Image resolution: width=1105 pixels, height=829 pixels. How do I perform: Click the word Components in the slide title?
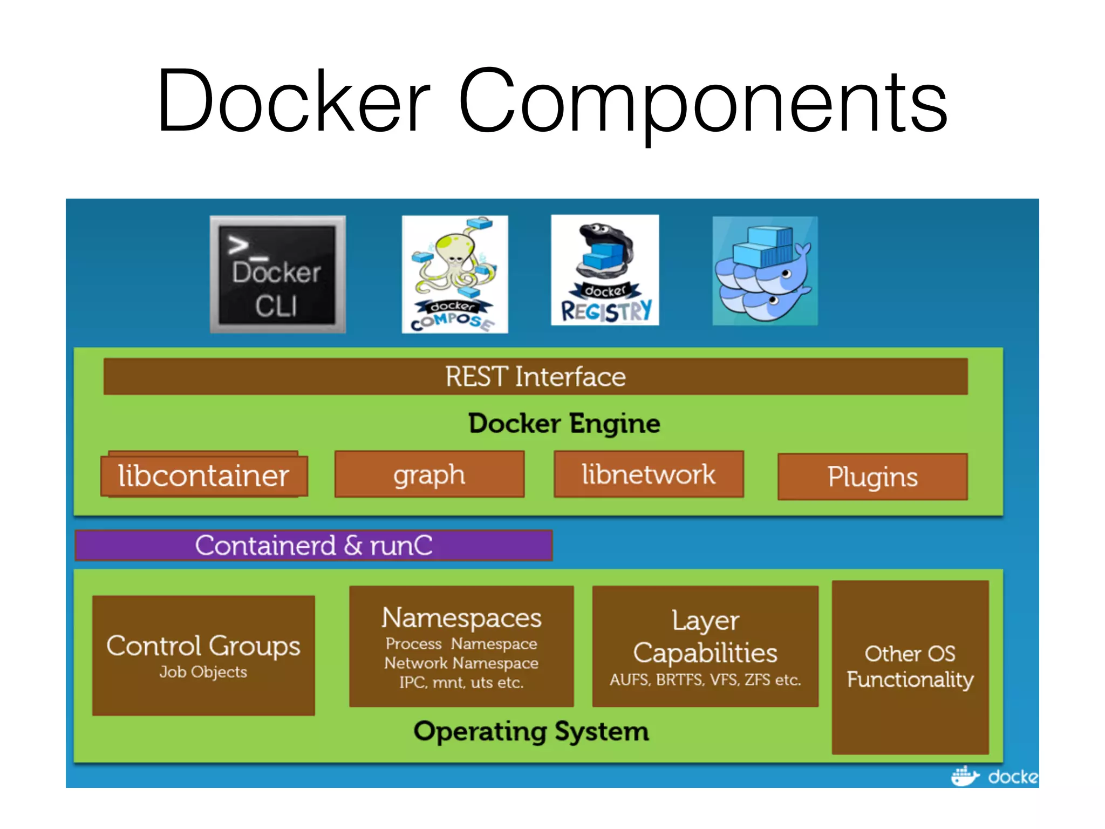pyautogui.click(x=702, y=105)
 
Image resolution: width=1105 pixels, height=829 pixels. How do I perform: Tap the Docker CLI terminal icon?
pyautogui.click(x=278, y=274)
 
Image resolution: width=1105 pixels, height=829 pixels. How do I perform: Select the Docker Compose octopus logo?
pyautogui.click(x=455, y=274)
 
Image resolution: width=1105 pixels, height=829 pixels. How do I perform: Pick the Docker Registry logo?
pyautogui.click(x=605, y=270)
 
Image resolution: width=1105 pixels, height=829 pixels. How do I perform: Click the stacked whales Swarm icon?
pyautogui.click(x=765, y=271)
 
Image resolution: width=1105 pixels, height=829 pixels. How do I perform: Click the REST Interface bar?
pyautogui.click(x=535, y=376)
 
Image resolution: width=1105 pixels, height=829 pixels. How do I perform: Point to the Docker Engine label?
pyautogui.click(x=564, y=423)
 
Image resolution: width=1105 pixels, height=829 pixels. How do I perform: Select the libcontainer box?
pyautogui.click(x=204, y=475)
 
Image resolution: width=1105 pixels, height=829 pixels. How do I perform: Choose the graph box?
pyautogui.click(x=429, y=474)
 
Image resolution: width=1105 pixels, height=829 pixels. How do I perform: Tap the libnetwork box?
pyautogui.click(x=649, y=474)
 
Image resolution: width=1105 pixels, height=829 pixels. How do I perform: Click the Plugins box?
pyautogui.click(x=872, y=477)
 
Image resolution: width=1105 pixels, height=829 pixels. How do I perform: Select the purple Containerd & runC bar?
pyautogui.click(x=313, y=545)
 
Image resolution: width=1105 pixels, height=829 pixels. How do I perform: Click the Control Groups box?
pyautogui.click(x=203, y=655)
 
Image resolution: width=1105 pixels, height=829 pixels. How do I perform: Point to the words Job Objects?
pyautogui.click(x=203, y=672)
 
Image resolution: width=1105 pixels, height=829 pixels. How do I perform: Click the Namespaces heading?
pyautogui.click(x=461, y=617)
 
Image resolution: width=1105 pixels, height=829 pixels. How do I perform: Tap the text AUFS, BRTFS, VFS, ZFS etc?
pyautogui.click(x=705, y=679)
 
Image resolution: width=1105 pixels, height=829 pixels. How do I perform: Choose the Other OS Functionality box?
pyautogui.click(x=910, y=667)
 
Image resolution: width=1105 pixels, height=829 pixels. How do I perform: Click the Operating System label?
pyautogui.click(x=531, y=732)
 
